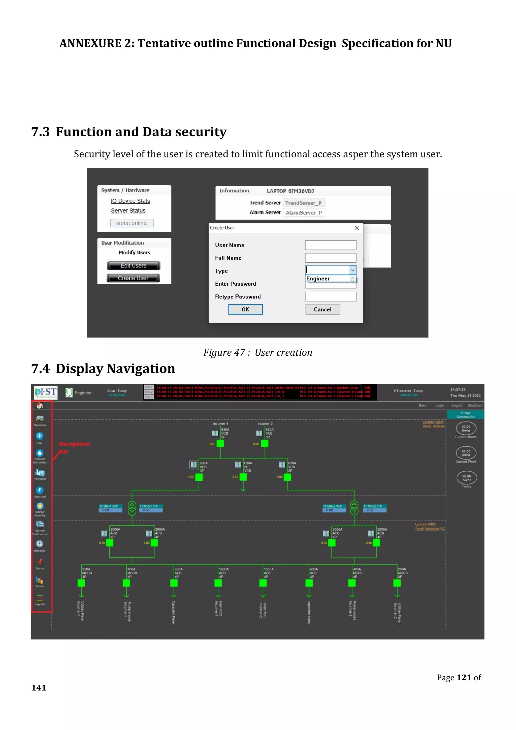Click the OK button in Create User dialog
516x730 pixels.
click(x=245, y=309)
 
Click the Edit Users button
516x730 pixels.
click(x=134, y=265)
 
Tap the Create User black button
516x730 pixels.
click(x=133, y=278)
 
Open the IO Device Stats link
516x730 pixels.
click(x=130, y=201)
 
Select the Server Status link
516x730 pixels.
click(x=128, y=210)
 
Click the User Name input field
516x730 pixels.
click(x=331, y=245)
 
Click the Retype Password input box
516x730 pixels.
click(x=331, y=297)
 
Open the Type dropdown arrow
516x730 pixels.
click(x=353, y=270)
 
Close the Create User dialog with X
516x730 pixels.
click(x=357, y=228)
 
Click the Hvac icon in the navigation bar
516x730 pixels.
click(x=39, y=436)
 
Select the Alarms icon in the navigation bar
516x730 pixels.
click(x=40, y=562)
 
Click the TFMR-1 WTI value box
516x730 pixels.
click(x=110, y=510)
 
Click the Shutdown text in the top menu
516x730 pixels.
click(x=475, y=405)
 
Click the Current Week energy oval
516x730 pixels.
click(x=466, y=453)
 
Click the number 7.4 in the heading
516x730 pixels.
click(x=41, y=369)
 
